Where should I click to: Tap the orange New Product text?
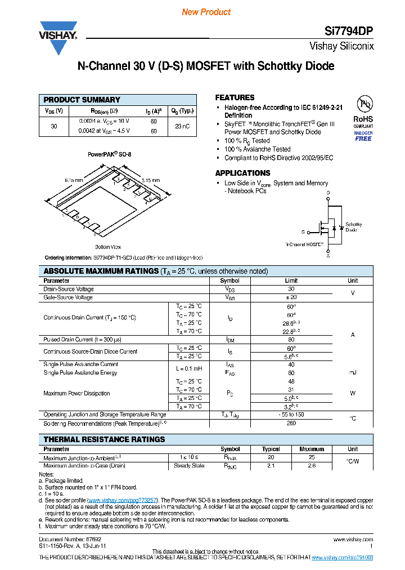pyautogui.click(x=206, y=12)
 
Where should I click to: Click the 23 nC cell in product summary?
pyautogui.click(x=182, y=126)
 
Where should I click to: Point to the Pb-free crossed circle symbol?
pyautogui.click(x=365, y=104)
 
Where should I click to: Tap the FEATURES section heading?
pyautogui.click(x=235, y=97)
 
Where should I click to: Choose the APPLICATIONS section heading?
pyautogui.click(x=243, y=173)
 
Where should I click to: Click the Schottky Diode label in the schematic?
pyautogui.click(x=353, y=227)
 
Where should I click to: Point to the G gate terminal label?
pyautogui.click(x=303, y=232)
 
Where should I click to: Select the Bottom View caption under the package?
pyautogui.click(x=108, y=247)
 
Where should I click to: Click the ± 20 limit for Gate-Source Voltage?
pyautogui.click(x=291, y=297)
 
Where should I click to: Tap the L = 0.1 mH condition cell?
pyautogui.click(x=188, y=368)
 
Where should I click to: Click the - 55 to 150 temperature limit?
pyautogui.click(x=291, y=415)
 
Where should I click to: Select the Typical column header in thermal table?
pyautogui.click(x=271, y=449)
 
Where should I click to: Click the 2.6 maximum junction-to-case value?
pyautogui.click(x=312, y=466)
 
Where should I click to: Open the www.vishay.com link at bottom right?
pyautogui.click(x=353, y=539)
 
